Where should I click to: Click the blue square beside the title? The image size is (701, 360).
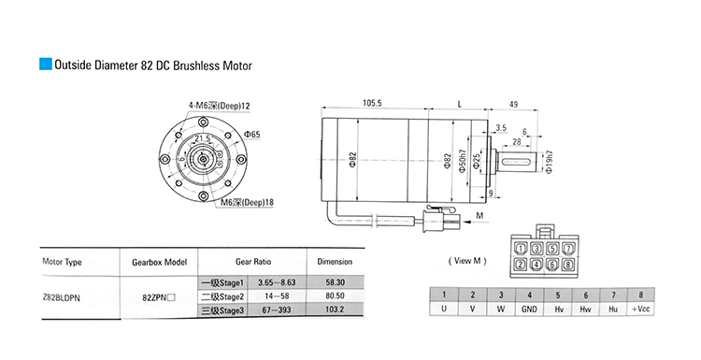(x=46, y=64)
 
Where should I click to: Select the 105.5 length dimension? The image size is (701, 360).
(x=372, y=103)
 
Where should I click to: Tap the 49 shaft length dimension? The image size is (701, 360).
(x=513, y=104)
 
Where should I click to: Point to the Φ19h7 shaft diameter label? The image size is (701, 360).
(x=550, y=162)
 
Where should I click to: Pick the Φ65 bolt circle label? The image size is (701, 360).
(x=251, y=134)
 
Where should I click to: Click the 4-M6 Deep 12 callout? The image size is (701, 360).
(x=219, y=106)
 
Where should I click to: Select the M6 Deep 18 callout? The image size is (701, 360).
(x=248, y=202)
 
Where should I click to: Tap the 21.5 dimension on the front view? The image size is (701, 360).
(x=202, y=138)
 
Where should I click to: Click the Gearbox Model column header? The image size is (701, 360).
(x=159, y=262)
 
